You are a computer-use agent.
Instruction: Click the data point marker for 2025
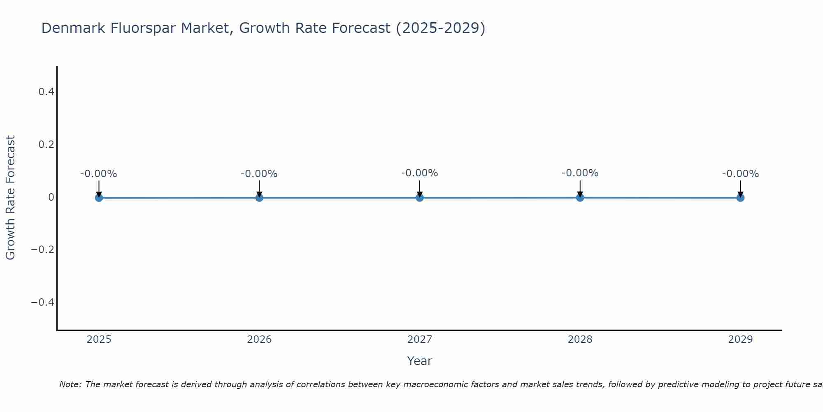[99, 198]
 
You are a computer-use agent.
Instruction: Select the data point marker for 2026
[259, 198]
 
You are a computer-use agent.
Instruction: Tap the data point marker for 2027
[420, 198]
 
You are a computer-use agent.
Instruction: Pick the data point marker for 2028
[580, 198]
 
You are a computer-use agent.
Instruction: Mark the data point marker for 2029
[740, 198]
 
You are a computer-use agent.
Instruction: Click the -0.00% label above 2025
[99, 174]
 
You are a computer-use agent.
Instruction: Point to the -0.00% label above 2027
[420, 173]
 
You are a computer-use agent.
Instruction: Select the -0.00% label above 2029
[740, 174]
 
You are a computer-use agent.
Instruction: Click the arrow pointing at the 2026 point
[259, 188]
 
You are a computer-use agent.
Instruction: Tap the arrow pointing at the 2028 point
[580, 188]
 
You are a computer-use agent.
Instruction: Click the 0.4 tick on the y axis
[46, 92]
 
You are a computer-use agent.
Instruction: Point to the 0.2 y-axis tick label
[46, 145]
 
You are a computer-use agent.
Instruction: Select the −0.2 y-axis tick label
[43, 250]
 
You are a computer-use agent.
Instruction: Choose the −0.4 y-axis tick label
[43, 302]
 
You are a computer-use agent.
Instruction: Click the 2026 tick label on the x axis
[259, 339]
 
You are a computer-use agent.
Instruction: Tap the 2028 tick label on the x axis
[580, 339]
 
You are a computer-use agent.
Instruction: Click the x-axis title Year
[419, 361]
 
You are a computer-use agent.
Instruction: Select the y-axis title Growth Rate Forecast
[10, 198]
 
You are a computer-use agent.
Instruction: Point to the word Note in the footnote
[70, 384]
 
